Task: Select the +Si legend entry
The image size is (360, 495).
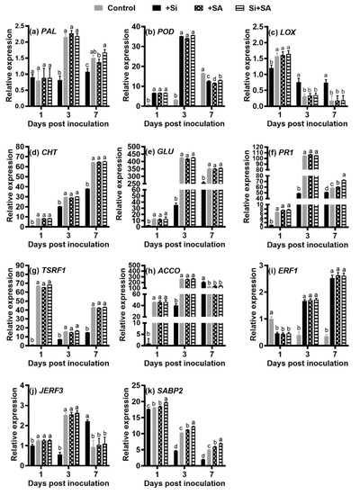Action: click(171, 6)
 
